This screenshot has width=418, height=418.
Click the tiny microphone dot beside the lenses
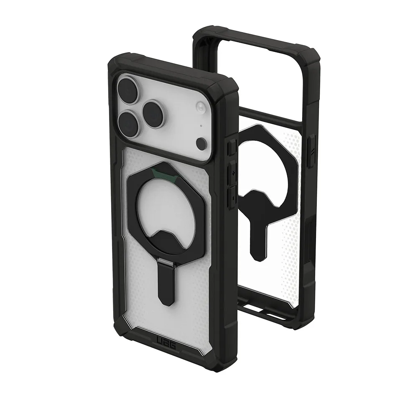[x=201, y=125]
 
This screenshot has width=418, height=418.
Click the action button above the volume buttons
[x=231, y=148]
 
